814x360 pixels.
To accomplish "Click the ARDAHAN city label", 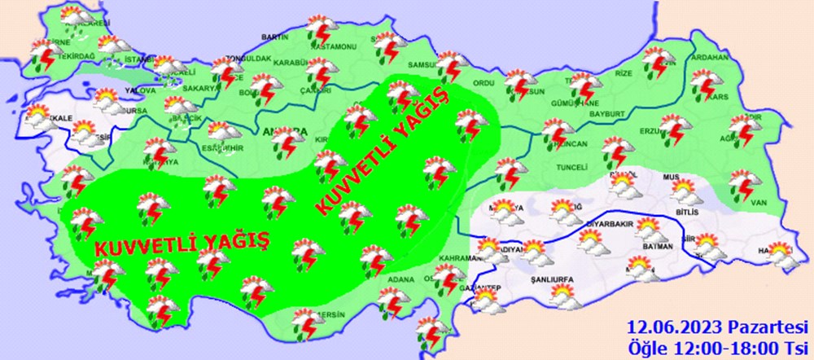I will tap(709, 59).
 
